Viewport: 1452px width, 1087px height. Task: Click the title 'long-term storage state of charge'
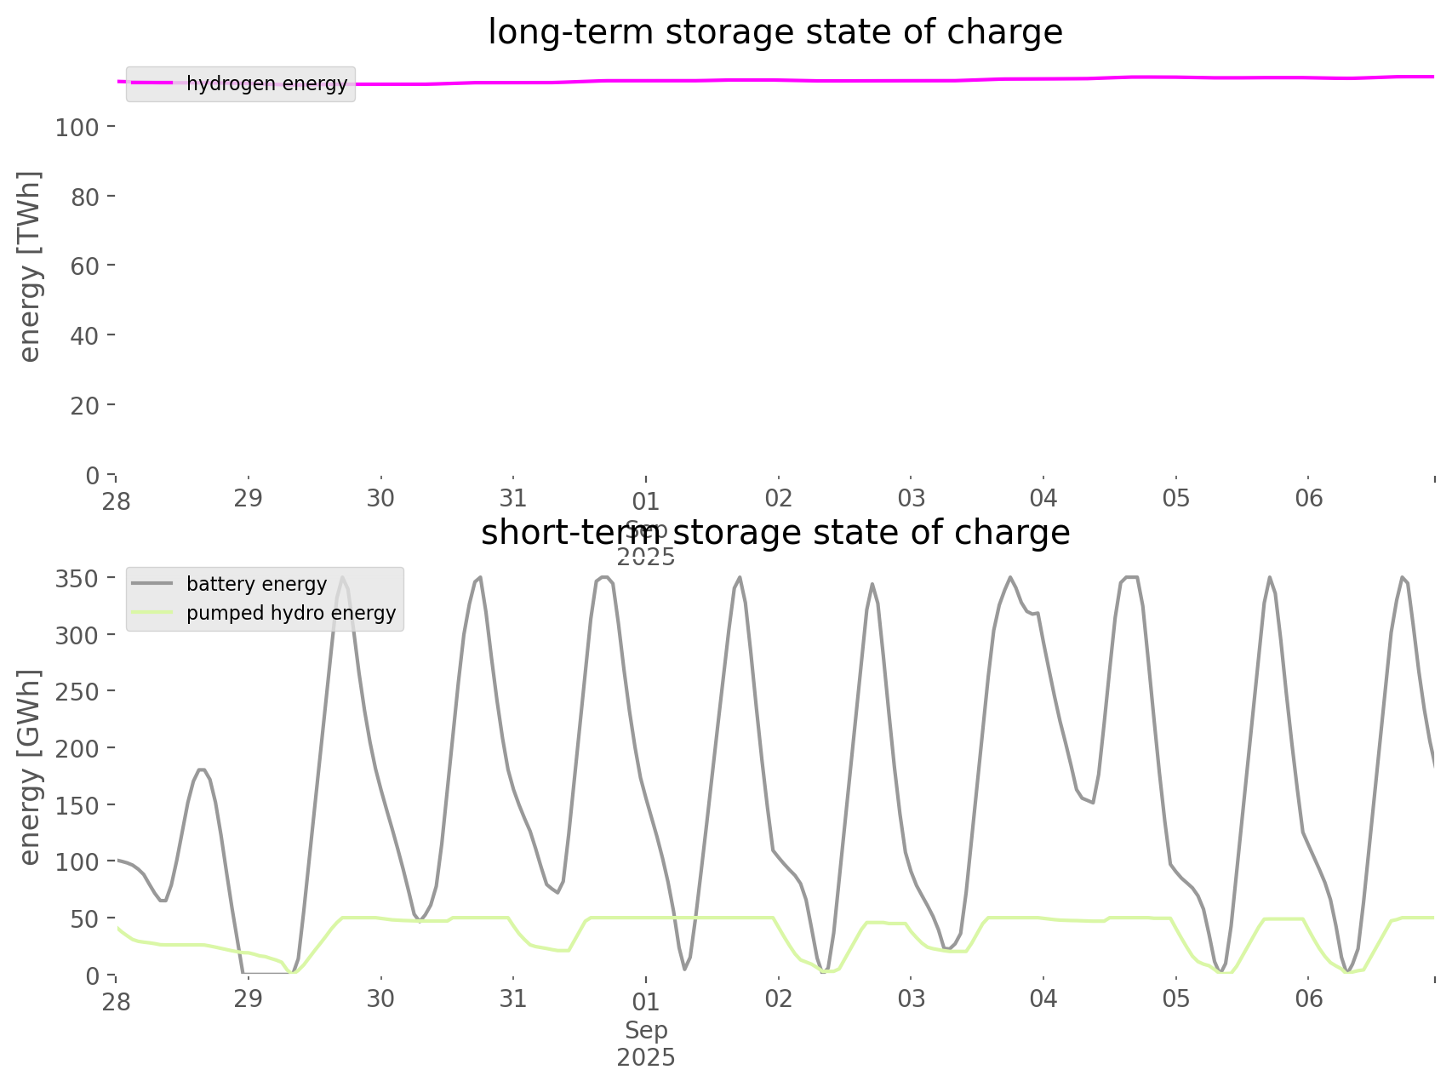(775, 32)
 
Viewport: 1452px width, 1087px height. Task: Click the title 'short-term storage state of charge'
(775, 533)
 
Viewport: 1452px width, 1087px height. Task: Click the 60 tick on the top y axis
(86, 266)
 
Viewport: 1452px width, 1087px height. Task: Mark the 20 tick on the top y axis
(86, 405)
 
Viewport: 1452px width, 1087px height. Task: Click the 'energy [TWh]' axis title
(30, 266)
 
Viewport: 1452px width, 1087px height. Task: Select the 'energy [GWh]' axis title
(30, 767)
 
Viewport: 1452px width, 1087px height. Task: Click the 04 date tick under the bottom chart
(1043, 999)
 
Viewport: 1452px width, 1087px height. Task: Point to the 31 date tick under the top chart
(513, 499)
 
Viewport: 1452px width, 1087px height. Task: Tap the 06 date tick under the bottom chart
(1309, 999)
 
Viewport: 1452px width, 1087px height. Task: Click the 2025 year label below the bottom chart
(646, 1058)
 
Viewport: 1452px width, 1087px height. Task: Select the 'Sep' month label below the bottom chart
(646, 1031)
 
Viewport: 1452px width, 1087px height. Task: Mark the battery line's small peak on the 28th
(202, 769)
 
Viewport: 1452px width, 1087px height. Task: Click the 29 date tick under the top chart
(249, 499)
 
